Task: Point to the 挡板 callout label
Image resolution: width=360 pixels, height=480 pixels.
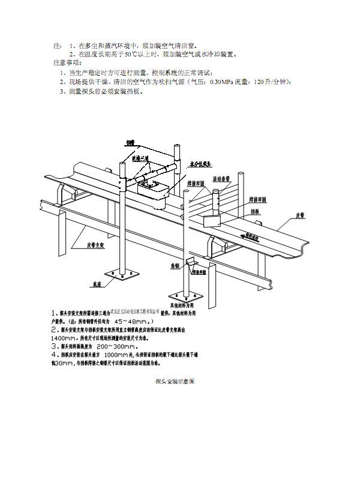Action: [254, 211]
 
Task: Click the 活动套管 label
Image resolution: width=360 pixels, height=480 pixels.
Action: [224, 178]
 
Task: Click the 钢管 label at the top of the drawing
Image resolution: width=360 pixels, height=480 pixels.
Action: [130, 143]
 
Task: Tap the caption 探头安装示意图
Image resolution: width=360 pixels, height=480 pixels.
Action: [179, 381]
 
